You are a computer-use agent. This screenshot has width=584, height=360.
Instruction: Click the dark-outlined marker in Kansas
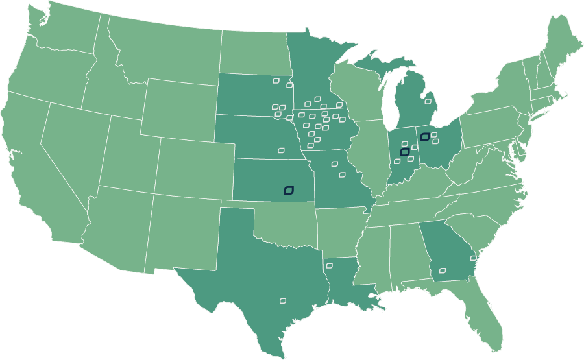[289, 190]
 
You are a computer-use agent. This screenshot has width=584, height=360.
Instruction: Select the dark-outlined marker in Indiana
[405, 152]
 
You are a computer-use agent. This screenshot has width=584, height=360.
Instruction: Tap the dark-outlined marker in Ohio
[424, 137]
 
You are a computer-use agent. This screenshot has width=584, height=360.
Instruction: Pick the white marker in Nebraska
[281, 150]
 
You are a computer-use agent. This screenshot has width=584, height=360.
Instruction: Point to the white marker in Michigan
[428, 101]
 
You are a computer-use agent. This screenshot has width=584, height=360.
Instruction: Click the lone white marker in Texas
[283, 300]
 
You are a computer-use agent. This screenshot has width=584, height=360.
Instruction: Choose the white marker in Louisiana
[329, 265]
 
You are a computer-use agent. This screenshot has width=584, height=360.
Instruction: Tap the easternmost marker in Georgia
[474, 258]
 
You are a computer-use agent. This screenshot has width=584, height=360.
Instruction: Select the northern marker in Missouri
[335, 164]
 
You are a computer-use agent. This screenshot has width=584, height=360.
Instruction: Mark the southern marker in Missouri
[342, 174]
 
